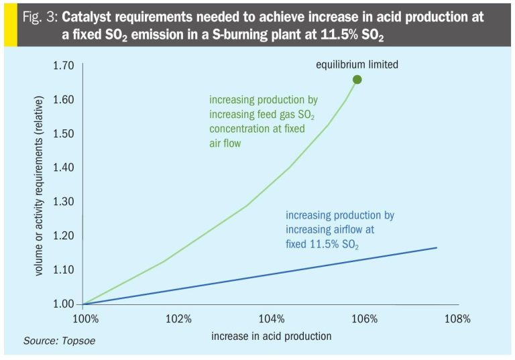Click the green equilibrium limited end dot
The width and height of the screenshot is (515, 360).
[x=357, y=80]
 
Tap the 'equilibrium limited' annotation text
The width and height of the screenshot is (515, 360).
[x=357, y=64]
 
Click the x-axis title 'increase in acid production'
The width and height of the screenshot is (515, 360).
[x=271, y=335]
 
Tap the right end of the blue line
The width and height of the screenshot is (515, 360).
[x=437, y=248]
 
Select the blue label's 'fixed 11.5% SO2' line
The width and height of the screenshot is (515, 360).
[x=322, y=245]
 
